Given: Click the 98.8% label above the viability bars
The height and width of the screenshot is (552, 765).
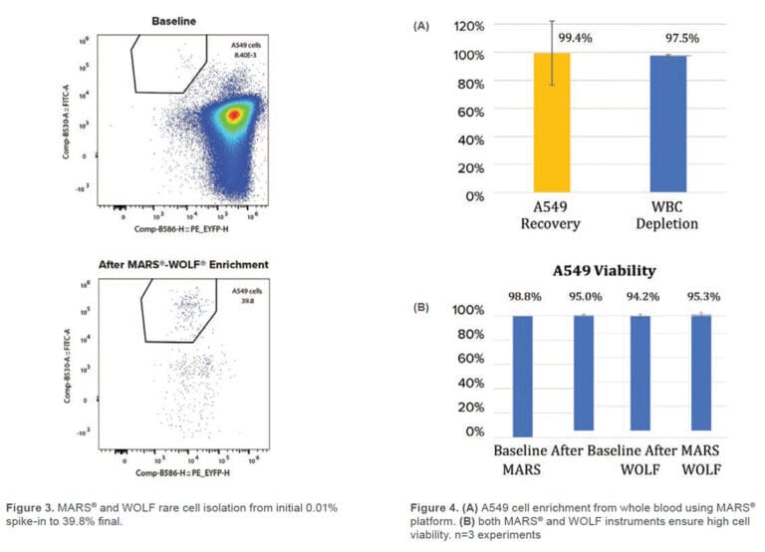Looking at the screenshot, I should tap(521, 295).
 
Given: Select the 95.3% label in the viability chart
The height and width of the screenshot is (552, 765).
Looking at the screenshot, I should tap(702, 295).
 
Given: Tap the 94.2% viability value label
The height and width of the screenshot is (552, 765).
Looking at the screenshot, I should tap(641, 295).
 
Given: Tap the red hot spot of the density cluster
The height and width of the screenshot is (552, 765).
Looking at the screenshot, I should tap(233, 116).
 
